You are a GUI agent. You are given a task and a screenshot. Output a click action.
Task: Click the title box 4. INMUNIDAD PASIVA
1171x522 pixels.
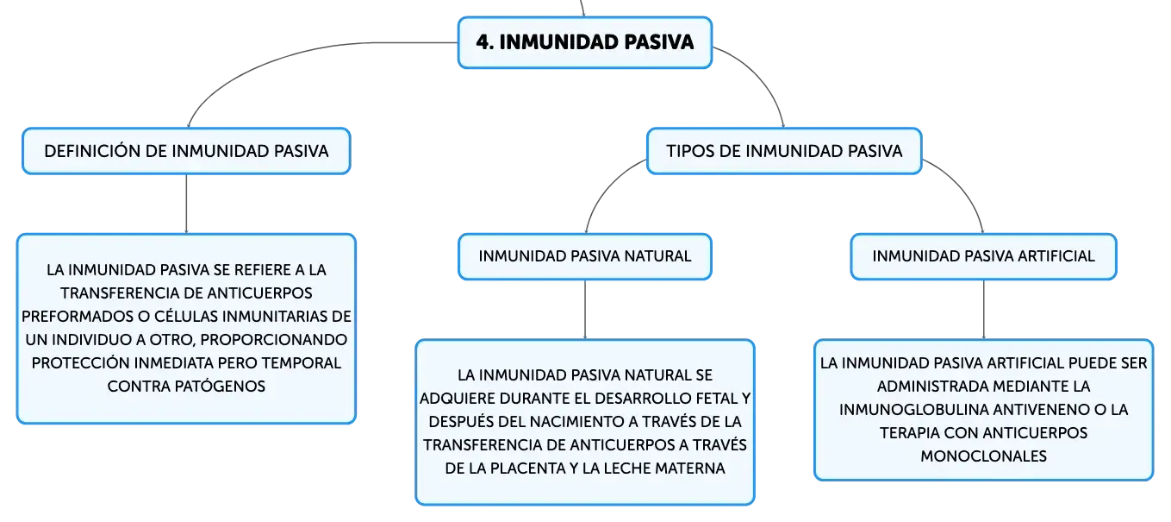[585, 42]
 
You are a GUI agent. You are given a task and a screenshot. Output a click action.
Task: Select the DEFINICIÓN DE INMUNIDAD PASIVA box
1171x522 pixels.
[186, 151]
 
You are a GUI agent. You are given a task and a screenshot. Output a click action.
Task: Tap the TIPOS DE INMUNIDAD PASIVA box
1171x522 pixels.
[784, 151]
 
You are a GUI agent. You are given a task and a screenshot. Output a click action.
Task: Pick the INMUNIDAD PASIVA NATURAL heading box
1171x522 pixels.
[585, 256]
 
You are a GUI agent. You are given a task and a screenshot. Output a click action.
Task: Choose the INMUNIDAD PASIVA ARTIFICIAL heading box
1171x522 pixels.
[983, 256]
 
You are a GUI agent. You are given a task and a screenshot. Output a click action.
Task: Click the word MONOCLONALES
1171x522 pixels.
[983, 456]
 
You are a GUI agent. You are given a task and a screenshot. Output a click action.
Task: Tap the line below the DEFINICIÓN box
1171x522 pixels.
[186, 204]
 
